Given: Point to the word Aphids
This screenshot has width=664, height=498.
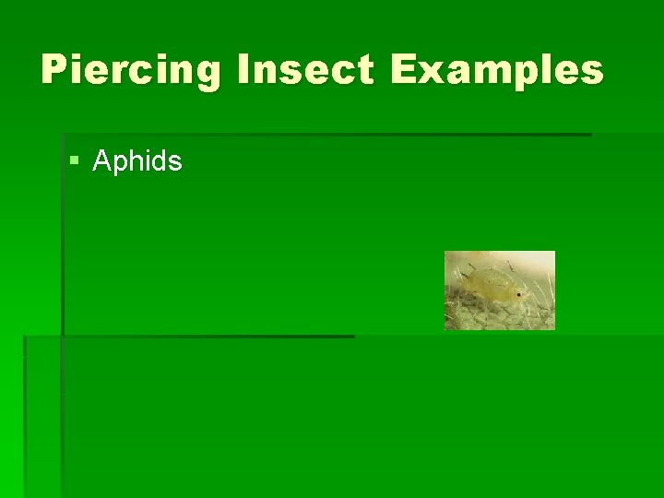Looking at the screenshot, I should tap(137, 162).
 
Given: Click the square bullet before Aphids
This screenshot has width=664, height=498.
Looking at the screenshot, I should tap(75, 162).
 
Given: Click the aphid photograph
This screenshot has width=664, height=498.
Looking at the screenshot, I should tap(499, 290).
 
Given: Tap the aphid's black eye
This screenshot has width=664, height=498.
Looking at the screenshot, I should tap(518, 295).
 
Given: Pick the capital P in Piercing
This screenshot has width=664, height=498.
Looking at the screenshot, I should tap(54, 70).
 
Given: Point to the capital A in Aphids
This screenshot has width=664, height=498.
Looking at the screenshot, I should tap(102, 162).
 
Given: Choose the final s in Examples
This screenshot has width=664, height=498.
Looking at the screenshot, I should tap(593, 72).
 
